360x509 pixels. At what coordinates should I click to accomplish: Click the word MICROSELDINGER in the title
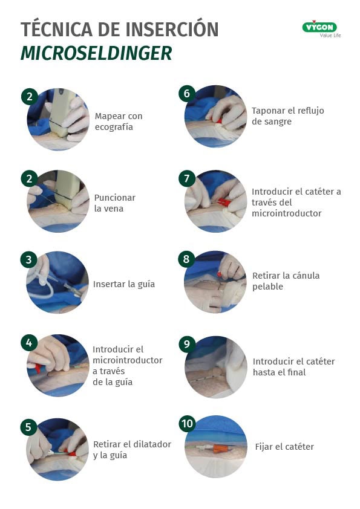96,54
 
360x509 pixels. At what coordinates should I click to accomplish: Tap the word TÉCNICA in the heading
56,29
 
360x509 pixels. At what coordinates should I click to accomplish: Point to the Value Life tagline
330,36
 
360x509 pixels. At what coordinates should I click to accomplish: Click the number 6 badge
187,94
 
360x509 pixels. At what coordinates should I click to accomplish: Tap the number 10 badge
187,424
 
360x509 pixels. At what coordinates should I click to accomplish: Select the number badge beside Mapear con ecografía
29,96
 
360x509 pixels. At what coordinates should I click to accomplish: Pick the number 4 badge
29,343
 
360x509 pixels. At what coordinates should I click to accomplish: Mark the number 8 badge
186,259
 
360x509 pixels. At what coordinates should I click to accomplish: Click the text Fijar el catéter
284,447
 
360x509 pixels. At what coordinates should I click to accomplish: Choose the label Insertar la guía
124,284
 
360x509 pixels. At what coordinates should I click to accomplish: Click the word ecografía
114,127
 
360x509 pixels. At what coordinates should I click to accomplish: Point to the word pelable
267,287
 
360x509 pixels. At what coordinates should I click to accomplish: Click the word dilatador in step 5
151,444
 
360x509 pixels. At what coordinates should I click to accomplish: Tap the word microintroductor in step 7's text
287,213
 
